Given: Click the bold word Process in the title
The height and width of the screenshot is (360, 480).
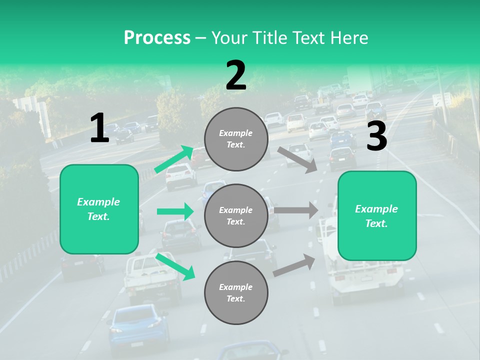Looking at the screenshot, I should pyautogui.click(x=157, y=37).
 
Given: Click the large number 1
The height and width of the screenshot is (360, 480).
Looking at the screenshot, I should pyautogui.click(x=99, y=128).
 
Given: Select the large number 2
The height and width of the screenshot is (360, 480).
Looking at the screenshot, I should pyautogui.click(x=236, y=75).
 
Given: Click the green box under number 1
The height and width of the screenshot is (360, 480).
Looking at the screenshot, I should pyautogui.click(x=99, y=209).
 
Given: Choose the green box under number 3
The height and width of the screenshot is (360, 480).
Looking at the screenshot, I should pyautogui.click(x=377, y=215).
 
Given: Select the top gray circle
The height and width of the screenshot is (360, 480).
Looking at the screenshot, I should pyautogui.click(x=236, y=139).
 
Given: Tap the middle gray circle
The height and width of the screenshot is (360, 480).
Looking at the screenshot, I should pyautogui.click(x=236, y=215).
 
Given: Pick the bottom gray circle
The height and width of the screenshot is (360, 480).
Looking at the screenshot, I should pyautogui.click(x=236, y=292).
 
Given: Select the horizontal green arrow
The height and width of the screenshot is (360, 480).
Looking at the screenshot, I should pyautogui.click(x=175, y=211).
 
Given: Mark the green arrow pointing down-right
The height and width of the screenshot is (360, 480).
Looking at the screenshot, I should pyautogui.click(x=175, y=266).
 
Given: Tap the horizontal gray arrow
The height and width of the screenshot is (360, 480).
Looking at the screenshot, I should pyautogui.click(x=296, y=210).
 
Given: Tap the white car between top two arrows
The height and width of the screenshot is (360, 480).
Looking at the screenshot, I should pyautogui.click(x=180, y=176).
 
